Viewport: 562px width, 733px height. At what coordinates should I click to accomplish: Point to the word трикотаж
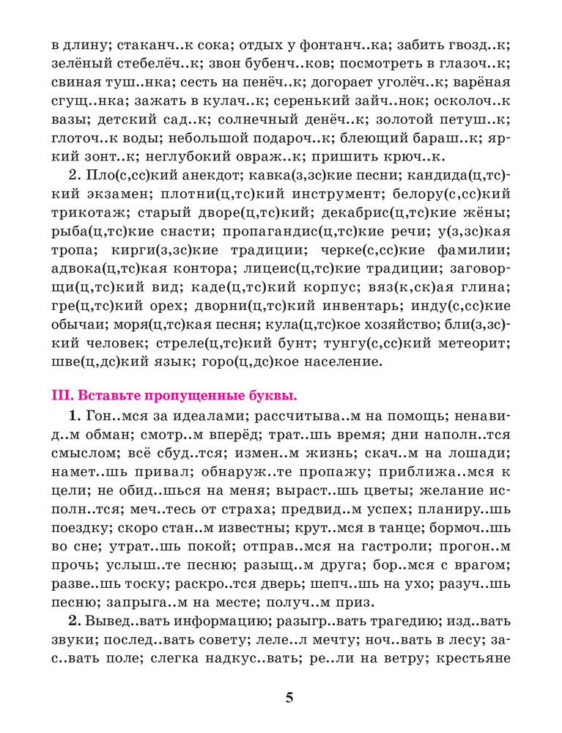[x=89, y=213]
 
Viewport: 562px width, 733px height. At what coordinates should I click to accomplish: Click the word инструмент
[x=311, y=194]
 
